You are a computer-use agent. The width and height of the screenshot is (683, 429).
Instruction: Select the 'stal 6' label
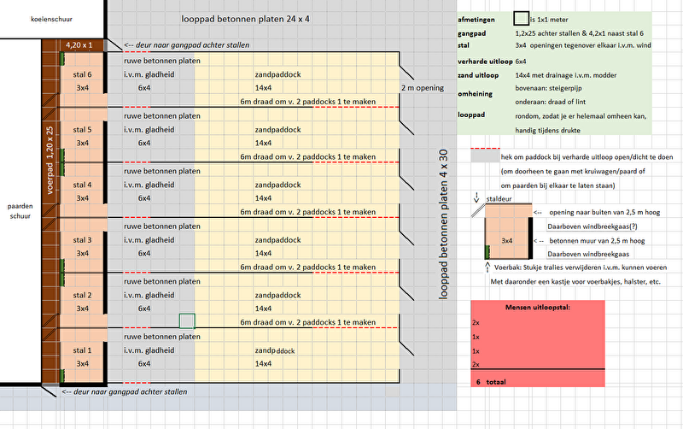pos(83,74)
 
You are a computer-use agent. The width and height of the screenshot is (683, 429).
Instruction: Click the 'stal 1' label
pos(83,350)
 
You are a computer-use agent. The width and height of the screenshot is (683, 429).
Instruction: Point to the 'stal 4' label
pos(83,185)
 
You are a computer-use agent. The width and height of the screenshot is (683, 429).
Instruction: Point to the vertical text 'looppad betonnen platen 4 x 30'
pos(442,223)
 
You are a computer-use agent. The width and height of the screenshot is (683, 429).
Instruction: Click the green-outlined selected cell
pos(187,321)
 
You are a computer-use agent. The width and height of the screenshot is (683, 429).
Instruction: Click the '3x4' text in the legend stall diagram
pos(507,240)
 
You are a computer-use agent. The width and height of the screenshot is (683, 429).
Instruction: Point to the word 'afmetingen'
pos(477,16)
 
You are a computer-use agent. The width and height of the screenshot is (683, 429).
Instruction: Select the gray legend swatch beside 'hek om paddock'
pos(483,156)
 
